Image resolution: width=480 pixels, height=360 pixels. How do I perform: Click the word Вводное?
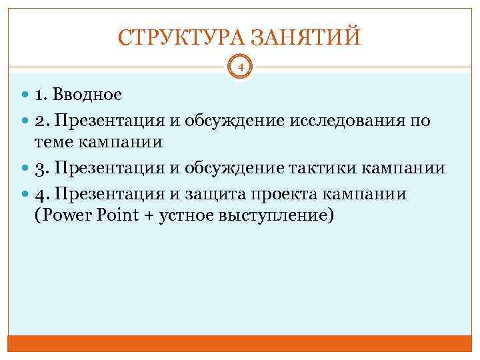(90, 95)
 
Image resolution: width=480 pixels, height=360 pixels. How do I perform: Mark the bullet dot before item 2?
(25, 121)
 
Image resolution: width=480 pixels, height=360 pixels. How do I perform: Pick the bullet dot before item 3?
(25, 169)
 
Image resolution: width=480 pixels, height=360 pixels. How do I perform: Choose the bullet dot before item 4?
(25, 194)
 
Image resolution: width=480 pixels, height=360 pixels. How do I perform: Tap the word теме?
(55, 143)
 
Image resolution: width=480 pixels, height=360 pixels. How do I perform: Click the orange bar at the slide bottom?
(240, 343)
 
